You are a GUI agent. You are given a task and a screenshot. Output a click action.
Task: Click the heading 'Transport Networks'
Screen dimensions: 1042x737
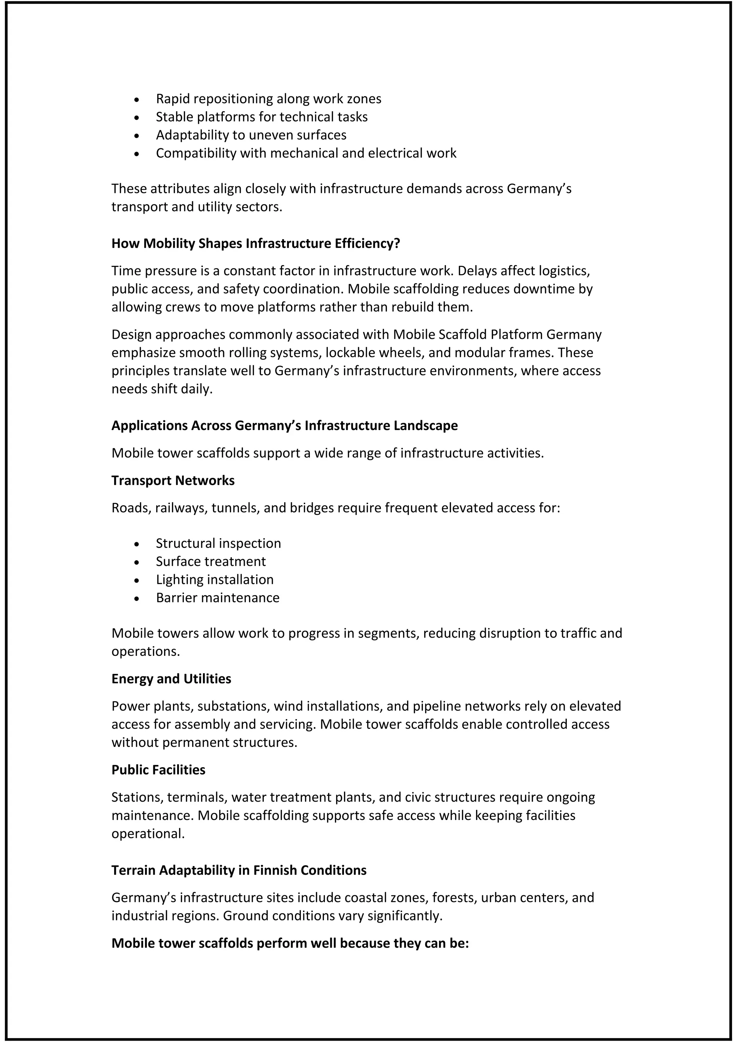coord(173,481)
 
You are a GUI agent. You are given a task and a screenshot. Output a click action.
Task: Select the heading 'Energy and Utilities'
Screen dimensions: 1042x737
coord(171,679)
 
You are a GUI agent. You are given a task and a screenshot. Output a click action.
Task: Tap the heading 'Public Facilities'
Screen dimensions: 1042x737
coord(158,770)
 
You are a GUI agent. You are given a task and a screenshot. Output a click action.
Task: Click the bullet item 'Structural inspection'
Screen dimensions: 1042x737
coord(218,543)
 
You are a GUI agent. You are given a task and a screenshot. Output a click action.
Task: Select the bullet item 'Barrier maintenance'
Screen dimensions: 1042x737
coord(217,598)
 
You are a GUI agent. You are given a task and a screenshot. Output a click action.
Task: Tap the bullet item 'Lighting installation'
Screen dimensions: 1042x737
coord(214,580)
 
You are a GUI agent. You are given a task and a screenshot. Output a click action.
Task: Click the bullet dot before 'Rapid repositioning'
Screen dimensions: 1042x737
coord(137,100)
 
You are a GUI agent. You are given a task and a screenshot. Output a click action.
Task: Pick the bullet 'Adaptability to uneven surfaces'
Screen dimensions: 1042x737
coord(251,135)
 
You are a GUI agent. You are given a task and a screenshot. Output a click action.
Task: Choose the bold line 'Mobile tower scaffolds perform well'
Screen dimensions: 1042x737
coord(290,943)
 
